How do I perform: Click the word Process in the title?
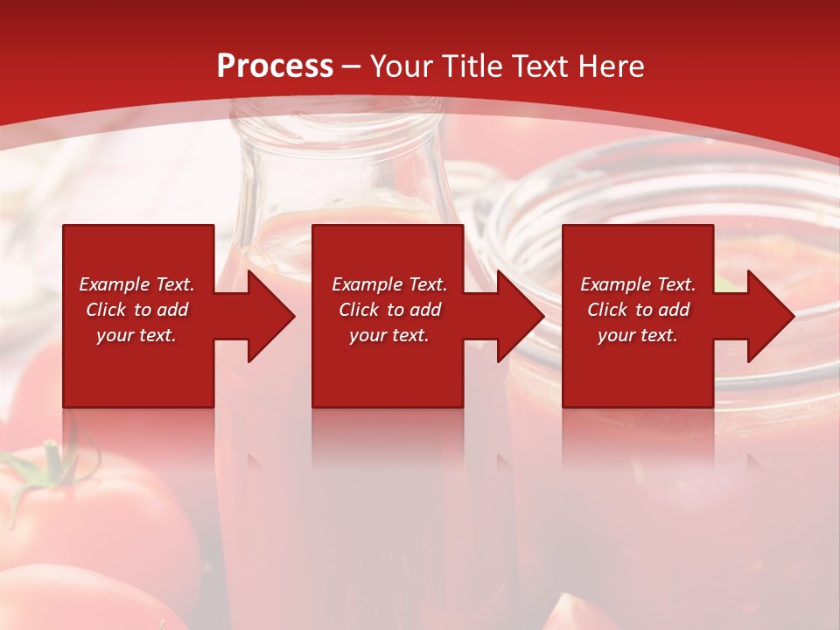(x=275, y=66)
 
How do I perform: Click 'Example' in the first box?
(x=115, y=284)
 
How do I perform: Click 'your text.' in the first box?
(x=136, y=335)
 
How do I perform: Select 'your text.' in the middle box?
(x=389, y=335)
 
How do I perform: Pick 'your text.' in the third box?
(x=638, y=335)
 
